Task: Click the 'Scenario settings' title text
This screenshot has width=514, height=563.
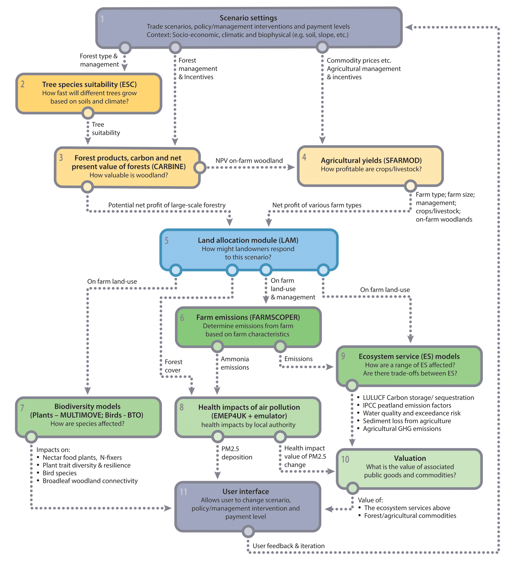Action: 248,18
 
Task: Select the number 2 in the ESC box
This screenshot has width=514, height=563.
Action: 23,84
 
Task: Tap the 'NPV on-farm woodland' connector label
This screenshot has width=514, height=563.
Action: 249,161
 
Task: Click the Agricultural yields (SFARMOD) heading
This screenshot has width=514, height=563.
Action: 371,160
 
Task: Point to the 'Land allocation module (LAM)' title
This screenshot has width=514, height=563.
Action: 248,240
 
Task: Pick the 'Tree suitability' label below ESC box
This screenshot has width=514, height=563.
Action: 105,129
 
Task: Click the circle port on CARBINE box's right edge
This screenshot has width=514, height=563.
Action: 200,167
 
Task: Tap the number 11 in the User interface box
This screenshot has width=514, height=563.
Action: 183,492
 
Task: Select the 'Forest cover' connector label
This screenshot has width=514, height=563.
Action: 173,366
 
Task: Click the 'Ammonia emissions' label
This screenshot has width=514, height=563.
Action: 235,363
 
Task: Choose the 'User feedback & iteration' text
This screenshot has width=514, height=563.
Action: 288,546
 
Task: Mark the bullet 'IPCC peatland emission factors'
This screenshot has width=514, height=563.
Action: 407,405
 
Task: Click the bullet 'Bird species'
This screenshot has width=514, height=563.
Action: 60,473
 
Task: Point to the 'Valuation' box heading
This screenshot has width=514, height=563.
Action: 410,458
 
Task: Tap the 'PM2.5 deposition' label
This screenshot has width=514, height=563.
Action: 236,453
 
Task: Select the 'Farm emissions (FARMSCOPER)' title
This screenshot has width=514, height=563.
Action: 248,317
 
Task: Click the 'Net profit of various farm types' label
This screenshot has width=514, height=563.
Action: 317,205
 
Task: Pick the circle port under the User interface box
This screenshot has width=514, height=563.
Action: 248,531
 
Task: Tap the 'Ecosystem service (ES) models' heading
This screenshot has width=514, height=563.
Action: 409,356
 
